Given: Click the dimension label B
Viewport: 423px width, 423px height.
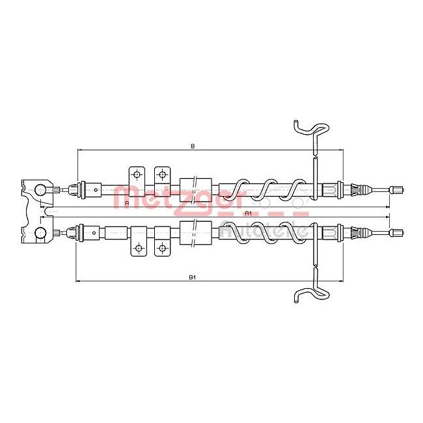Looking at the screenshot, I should click(193, 146).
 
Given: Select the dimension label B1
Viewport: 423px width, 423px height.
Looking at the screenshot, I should click(193, 278).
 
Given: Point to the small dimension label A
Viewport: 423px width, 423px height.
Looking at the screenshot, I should click(126, 204).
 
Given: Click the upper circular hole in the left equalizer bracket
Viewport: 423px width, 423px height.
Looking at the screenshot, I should click(39, 189).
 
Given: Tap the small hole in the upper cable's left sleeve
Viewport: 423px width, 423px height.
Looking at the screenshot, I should click(96, 190).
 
